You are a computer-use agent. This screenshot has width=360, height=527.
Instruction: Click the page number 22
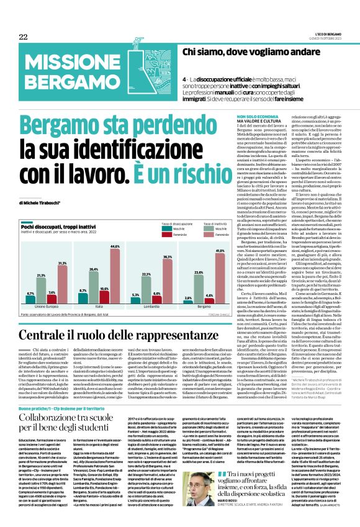pos(23,37)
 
